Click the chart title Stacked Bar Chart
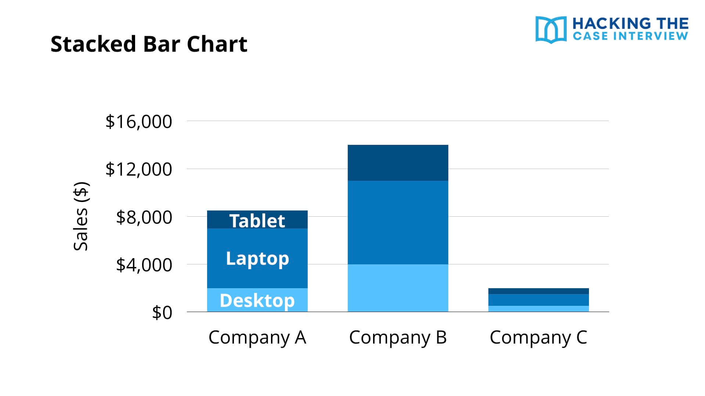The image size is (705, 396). (149, 44)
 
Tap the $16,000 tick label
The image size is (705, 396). (138, 121)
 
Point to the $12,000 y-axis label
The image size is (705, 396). (138, 169)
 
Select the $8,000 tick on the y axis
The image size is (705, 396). (144, 217)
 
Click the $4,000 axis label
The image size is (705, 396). (144, 265)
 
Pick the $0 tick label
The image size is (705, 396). (162, 313)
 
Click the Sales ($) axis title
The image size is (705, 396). (81, 216)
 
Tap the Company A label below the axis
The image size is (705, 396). (257, 337)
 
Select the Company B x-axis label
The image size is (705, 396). (398, 337)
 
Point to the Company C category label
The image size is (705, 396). (538, 337)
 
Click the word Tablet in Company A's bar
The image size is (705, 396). (257, 221)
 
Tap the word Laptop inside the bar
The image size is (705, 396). (257, 258)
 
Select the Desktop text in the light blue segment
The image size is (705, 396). (257, 301)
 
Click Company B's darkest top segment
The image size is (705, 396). (398, 163)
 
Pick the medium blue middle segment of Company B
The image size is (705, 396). (398, 222)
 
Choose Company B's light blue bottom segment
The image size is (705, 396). (398, 288)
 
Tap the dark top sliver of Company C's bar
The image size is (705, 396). (538, 291)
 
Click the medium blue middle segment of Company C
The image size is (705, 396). (538, 300)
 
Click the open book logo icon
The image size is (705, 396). (551, 29)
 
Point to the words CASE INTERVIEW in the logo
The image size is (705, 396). (630, 36)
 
